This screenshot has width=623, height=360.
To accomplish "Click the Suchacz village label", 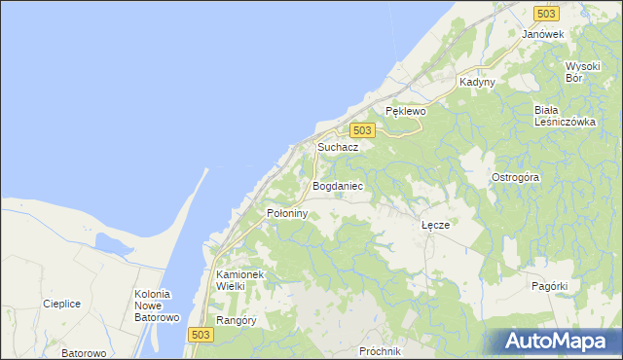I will pos(338,147).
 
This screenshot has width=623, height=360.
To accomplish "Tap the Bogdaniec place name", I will pos(337,185).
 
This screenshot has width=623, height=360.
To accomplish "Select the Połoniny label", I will pos(287,212).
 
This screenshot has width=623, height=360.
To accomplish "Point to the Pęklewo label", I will pos(406,112).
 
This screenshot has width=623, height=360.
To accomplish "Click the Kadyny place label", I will pos(478,83).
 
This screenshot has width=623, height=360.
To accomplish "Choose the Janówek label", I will pos(543,34).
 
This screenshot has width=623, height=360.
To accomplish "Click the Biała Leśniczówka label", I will pos(564,116).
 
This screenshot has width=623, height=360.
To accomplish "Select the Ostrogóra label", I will pos(515,178).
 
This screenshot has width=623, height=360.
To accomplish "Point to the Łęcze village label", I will pos(435,225).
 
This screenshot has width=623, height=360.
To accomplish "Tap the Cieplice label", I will pos(61,304).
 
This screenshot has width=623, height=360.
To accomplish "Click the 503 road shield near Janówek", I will pos(545,14).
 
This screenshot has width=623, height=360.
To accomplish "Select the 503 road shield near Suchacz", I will pos(362,130).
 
